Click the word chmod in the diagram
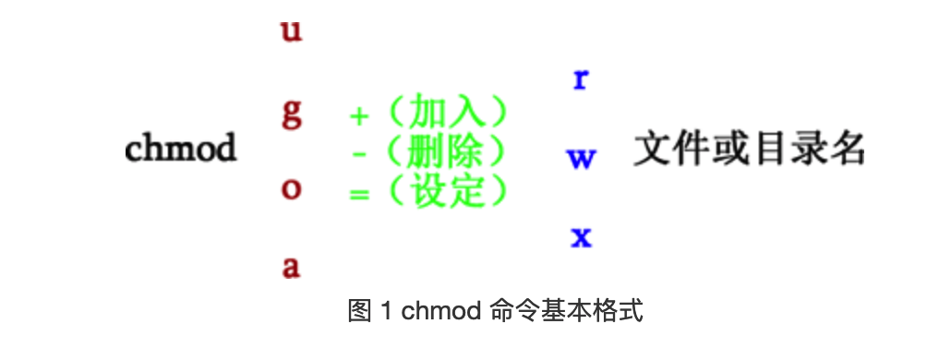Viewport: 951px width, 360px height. tap(181, 148)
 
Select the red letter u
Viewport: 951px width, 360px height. tap(291, 31)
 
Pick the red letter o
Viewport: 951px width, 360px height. tap(291, 190)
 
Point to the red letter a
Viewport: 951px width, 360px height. tap(291, 268)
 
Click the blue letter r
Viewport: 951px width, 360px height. tap(581, 79)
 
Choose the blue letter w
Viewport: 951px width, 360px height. tap(581, 159)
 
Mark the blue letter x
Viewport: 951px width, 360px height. tap(581, 238)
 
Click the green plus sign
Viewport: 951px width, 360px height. tap(358, 116)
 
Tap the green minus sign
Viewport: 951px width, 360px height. tap(360, 155)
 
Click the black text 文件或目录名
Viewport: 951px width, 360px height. tap(749, 148)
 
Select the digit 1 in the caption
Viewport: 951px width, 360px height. tap(386, 311)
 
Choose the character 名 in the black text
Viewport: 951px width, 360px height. tap(846, 148)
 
